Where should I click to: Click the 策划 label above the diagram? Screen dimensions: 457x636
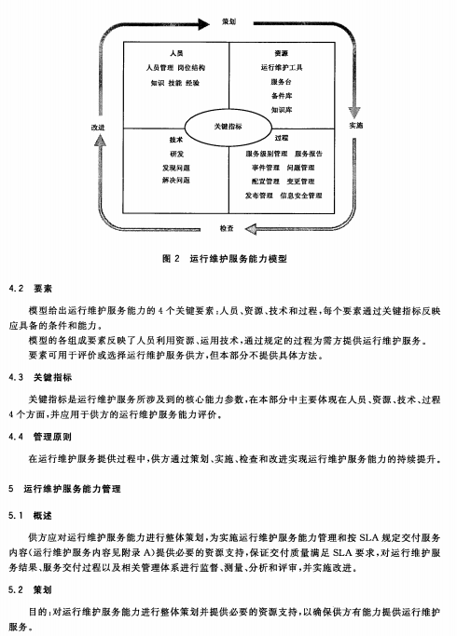point(228,21)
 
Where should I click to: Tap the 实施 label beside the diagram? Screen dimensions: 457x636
point(356,126)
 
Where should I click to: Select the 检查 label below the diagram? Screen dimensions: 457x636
point(227,228)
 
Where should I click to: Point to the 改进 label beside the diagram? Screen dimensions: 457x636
point(98,128)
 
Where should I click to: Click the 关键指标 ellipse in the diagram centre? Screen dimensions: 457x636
point(228,127)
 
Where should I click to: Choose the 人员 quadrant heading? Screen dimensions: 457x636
point(176,53)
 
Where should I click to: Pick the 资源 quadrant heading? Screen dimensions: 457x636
point(281,53)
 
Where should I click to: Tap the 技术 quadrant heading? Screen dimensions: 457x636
point(176,140)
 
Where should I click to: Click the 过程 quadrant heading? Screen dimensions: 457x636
point(281,138)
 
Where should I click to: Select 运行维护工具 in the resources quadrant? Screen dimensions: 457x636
point(282,67)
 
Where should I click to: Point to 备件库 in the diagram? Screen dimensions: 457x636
point(282,96)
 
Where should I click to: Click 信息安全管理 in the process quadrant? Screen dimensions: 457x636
point(301,196)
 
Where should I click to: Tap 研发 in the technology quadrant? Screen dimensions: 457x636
point(176,154)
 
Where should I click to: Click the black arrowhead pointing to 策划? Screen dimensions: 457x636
point(203,24)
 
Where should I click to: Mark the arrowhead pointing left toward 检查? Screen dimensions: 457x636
point(251,229)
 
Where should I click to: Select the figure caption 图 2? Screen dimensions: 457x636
point(171,258)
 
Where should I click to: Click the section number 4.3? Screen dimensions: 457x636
point(16,378)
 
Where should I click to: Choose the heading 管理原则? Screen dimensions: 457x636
point(52,437)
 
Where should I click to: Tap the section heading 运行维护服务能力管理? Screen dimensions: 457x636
point(72,489)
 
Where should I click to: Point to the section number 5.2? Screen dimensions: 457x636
point(16,589)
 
